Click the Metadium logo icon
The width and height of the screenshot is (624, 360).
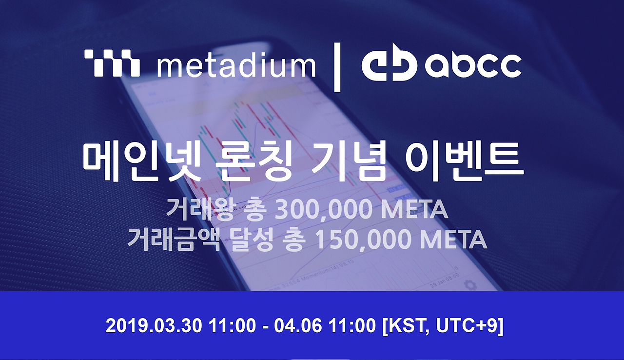[112, 63]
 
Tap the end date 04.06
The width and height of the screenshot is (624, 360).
[297, 326]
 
